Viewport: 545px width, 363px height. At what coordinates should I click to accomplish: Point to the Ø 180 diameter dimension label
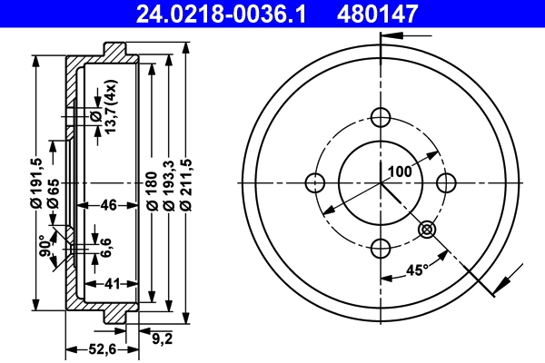152,193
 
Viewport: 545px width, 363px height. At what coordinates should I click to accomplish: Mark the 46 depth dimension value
109,206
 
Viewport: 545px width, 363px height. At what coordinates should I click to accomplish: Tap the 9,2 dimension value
162,338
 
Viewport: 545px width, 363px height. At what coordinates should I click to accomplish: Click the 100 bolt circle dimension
401,170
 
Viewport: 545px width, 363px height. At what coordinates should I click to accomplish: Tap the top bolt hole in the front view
381,116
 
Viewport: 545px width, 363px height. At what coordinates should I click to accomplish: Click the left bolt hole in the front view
315,181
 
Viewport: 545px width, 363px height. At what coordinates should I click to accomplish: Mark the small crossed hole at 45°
427,231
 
